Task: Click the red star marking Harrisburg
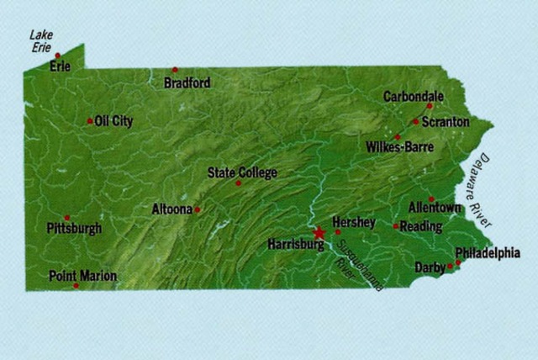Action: click(319, 233)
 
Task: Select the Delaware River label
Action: click(481, 189)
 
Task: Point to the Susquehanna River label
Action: click(357, 267)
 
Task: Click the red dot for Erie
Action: click(58, 56)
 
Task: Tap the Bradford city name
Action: click(187, 83)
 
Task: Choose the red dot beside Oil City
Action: click(90, 121)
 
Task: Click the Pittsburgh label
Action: click(75, 228)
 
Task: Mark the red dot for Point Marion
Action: click(76, 285)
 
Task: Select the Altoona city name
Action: click(171, 209)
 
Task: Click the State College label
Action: click(242, 172)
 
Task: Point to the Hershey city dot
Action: click(338, 231)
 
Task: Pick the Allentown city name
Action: click(435, 207)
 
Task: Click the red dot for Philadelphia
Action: click(459, 262)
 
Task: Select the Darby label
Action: click(430, 268)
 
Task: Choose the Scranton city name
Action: click(446, 122)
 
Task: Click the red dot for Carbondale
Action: click(429, 106)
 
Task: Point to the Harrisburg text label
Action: click(294, 244)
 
